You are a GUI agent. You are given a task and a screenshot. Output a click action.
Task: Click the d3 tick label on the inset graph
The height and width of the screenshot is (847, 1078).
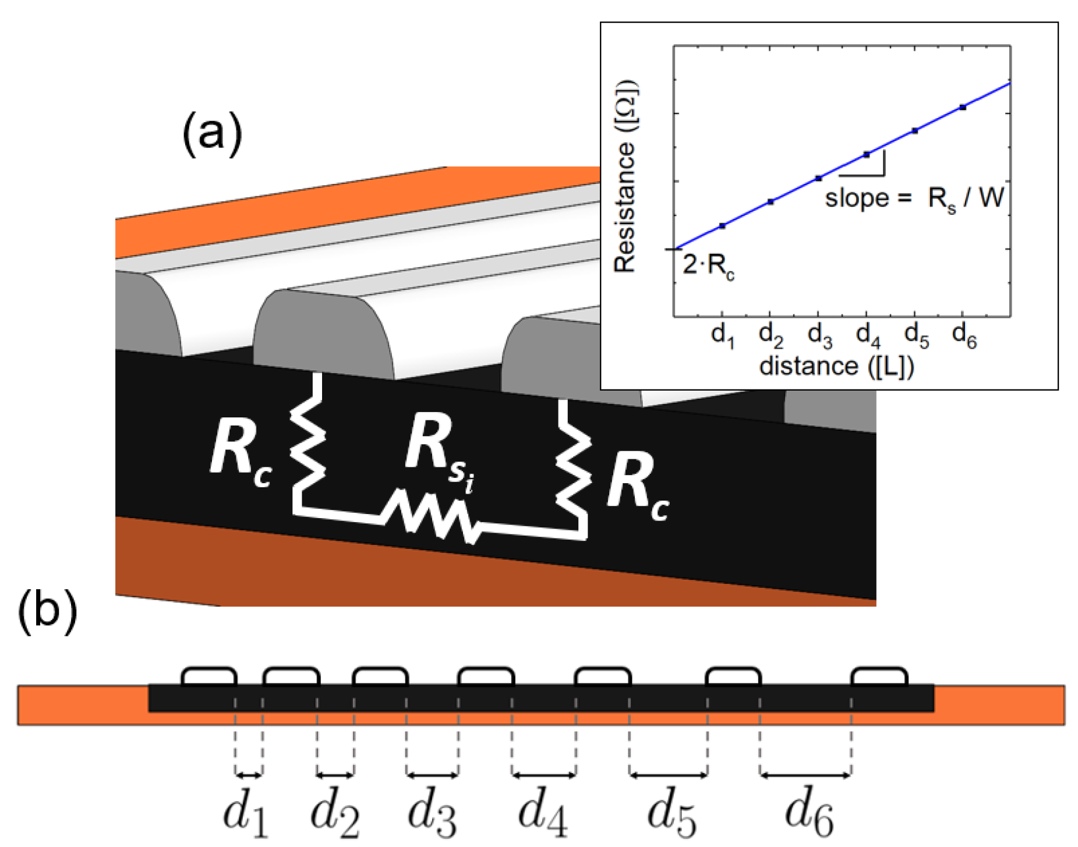tap(819, 335)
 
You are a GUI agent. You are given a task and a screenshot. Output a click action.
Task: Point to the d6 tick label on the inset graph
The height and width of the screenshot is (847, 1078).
tap(964, 335)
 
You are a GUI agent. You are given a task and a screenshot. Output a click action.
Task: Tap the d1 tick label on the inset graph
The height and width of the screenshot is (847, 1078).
tap(723, 335)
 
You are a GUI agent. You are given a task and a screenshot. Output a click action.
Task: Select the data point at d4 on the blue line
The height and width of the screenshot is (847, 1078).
tap(867, 154)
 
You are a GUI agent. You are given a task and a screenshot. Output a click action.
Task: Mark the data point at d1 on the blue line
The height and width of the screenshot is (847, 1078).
tap(722, 225)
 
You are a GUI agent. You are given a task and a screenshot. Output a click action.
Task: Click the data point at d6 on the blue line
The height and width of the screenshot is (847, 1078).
tap(963, 107)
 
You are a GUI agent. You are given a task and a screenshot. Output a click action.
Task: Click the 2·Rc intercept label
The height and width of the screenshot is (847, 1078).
tap(708, 267)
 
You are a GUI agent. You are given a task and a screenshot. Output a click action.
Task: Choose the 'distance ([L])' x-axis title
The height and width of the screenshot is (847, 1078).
tap(836, 366)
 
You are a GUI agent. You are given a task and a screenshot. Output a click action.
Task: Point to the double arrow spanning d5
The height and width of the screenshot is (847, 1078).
tap(669, 775)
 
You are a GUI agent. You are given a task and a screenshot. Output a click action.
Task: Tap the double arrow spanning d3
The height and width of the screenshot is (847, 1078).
tap(432, 775)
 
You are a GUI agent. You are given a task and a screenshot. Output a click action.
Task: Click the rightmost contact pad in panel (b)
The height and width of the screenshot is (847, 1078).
tap(879, 676)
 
